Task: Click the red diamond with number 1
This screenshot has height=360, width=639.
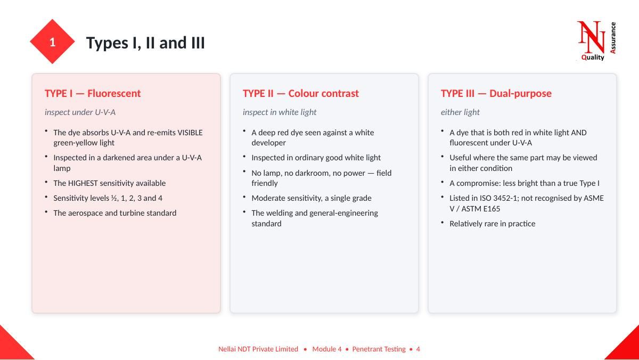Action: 52,42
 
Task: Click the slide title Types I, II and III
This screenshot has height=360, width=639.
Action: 145,43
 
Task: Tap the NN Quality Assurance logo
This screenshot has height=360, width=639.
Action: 596,41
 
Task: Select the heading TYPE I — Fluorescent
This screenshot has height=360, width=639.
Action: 93,93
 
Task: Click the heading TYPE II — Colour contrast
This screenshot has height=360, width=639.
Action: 300,93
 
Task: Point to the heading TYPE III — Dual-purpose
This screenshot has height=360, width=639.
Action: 496,93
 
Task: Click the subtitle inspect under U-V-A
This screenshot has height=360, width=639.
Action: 80,112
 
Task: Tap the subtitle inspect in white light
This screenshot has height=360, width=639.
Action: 279,112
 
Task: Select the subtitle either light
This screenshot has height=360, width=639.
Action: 460,112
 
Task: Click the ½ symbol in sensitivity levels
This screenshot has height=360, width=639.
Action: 114,198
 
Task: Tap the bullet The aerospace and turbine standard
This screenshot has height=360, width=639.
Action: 114,213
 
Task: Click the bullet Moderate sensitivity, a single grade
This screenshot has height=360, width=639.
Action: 311,198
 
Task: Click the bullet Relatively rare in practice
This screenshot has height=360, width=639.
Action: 492,224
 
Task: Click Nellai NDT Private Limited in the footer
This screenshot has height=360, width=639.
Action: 258,349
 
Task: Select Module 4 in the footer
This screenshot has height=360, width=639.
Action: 326,349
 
